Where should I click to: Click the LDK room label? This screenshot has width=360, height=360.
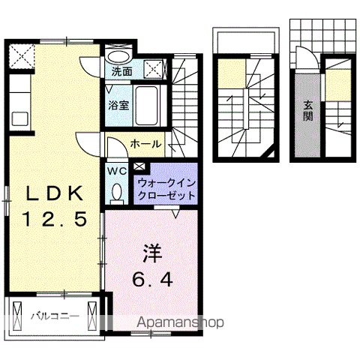[54, 193]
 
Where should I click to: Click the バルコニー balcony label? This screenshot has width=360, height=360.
[54, 316]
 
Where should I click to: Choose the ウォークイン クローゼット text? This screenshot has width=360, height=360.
[166, 188]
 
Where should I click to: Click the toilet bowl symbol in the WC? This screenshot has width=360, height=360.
[118, 192]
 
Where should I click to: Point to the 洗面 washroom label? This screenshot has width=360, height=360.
[121, 72]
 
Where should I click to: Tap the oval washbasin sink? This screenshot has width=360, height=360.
[118, 55]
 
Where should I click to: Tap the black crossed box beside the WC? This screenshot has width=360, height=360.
[139, 168]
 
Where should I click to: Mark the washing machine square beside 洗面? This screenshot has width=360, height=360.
[154, 68]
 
